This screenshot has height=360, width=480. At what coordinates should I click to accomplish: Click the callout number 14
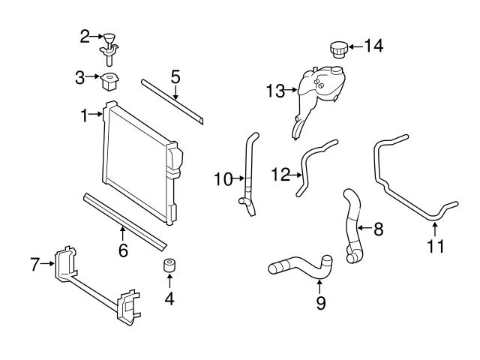(373, 46)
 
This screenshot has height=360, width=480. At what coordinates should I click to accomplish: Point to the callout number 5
(175, 76)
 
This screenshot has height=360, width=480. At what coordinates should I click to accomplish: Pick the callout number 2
(85, 34)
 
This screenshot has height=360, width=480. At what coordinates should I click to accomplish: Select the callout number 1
(85, 115)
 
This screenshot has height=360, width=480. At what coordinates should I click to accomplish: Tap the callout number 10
(223, 178)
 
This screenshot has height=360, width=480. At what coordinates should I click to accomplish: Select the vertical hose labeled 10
(248, 172)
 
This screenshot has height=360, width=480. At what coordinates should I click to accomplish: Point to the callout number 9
(320, 302)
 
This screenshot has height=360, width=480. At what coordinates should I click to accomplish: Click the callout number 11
(435, 245)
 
